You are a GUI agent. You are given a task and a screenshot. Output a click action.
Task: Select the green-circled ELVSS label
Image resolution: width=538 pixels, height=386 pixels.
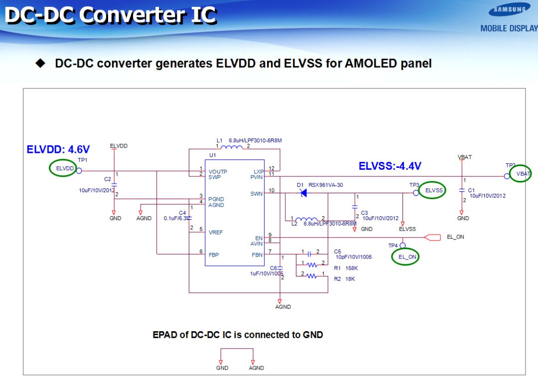pyautogui.click(x=431, y=190)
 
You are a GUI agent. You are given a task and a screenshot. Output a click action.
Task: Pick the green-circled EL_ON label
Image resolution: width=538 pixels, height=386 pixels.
pyautogui.click(x=406, y=257)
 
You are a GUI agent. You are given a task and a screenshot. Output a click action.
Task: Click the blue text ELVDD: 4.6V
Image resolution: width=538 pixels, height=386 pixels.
pyautogui.click(x=58, y=149)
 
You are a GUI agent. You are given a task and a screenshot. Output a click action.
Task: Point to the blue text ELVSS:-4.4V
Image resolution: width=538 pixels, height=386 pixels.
pyautogui.click(x=390, y=166)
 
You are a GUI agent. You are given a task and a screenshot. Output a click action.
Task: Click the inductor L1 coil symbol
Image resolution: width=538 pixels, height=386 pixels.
pyautogui.click(x=233, y=147)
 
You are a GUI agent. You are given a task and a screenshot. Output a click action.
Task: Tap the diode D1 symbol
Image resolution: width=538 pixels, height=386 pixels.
pyautogui.click(x=302, y=193)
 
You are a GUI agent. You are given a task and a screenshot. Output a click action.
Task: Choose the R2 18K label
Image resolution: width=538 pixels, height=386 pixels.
pyautogui.click(x=344, y=279)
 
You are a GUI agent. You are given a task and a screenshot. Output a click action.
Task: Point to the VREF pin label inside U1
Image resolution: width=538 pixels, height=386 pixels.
pyautogui.click(x=216, y=233)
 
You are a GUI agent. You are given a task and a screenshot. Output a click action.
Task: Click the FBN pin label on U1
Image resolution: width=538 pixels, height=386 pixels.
pyautogui.click(x=257, y=255)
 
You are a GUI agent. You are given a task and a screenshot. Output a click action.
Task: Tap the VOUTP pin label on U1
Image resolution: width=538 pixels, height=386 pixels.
pyautogui.click(x=218, y=171)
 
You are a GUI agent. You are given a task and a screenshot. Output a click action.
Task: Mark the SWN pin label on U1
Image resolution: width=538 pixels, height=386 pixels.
pyautogui.click(x=257, y=193)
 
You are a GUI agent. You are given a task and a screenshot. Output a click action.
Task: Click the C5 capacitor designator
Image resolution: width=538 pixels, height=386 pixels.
pyautogui.click(x=338, y=252)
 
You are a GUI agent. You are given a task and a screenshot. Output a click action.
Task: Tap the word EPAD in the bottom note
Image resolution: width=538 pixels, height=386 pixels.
pyautogui.click(x=164, y=335)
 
